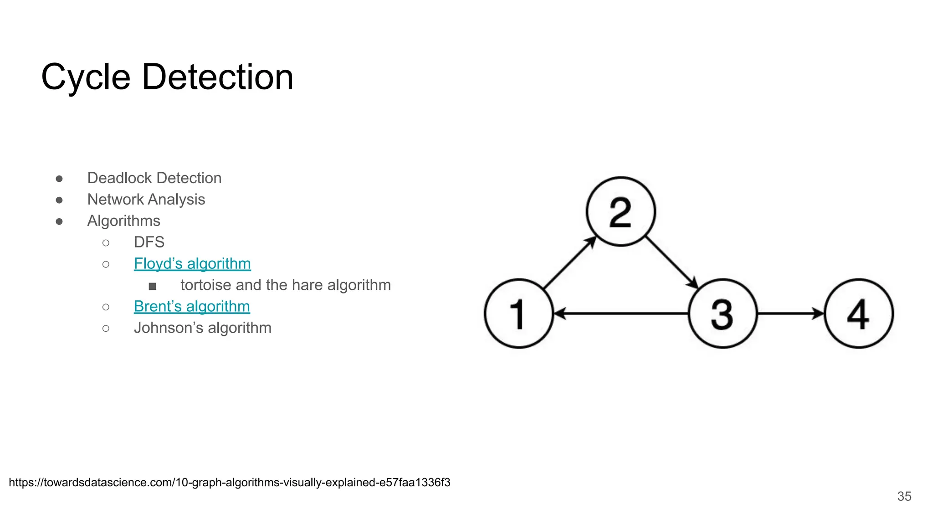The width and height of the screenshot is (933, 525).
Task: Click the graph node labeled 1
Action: click(x=518, y=314)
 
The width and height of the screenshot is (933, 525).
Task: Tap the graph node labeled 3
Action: click(x=723, y=314)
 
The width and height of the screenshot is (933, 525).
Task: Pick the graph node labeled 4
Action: click(x=859, y=314)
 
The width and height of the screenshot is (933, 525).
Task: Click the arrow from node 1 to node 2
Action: click(x=569, y=263)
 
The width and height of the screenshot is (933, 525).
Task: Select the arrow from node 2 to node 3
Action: click(x=672, y=262)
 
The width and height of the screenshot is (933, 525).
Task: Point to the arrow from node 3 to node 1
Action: click(x=620, y=314)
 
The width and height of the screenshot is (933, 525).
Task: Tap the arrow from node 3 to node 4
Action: click(x=790, y=314)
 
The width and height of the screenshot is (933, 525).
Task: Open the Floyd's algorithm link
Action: click(x=192, y=263)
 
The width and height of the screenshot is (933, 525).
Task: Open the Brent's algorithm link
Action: click(x=192, y=306)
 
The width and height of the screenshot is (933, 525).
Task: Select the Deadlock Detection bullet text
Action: click(x=154, y=178)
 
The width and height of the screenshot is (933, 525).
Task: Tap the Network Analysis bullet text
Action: click(x=146, y=199)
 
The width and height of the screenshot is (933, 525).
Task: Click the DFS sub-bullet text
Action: click(x=149, y=242)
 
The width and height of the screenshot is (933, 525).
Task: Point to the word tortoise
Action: click(x=206, y=285)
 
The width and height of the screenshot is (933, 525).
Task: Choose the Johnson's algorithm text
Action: click(x=202, y=328)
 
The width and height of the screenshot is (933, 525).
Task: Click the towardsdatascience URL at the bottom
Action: click(x=229, y=482)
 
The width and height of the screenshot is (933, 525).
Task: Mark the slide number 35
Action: click(x=904, y=496)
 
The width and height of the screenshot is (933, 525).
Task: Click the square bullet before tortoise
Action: click(x=153, y=286)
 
